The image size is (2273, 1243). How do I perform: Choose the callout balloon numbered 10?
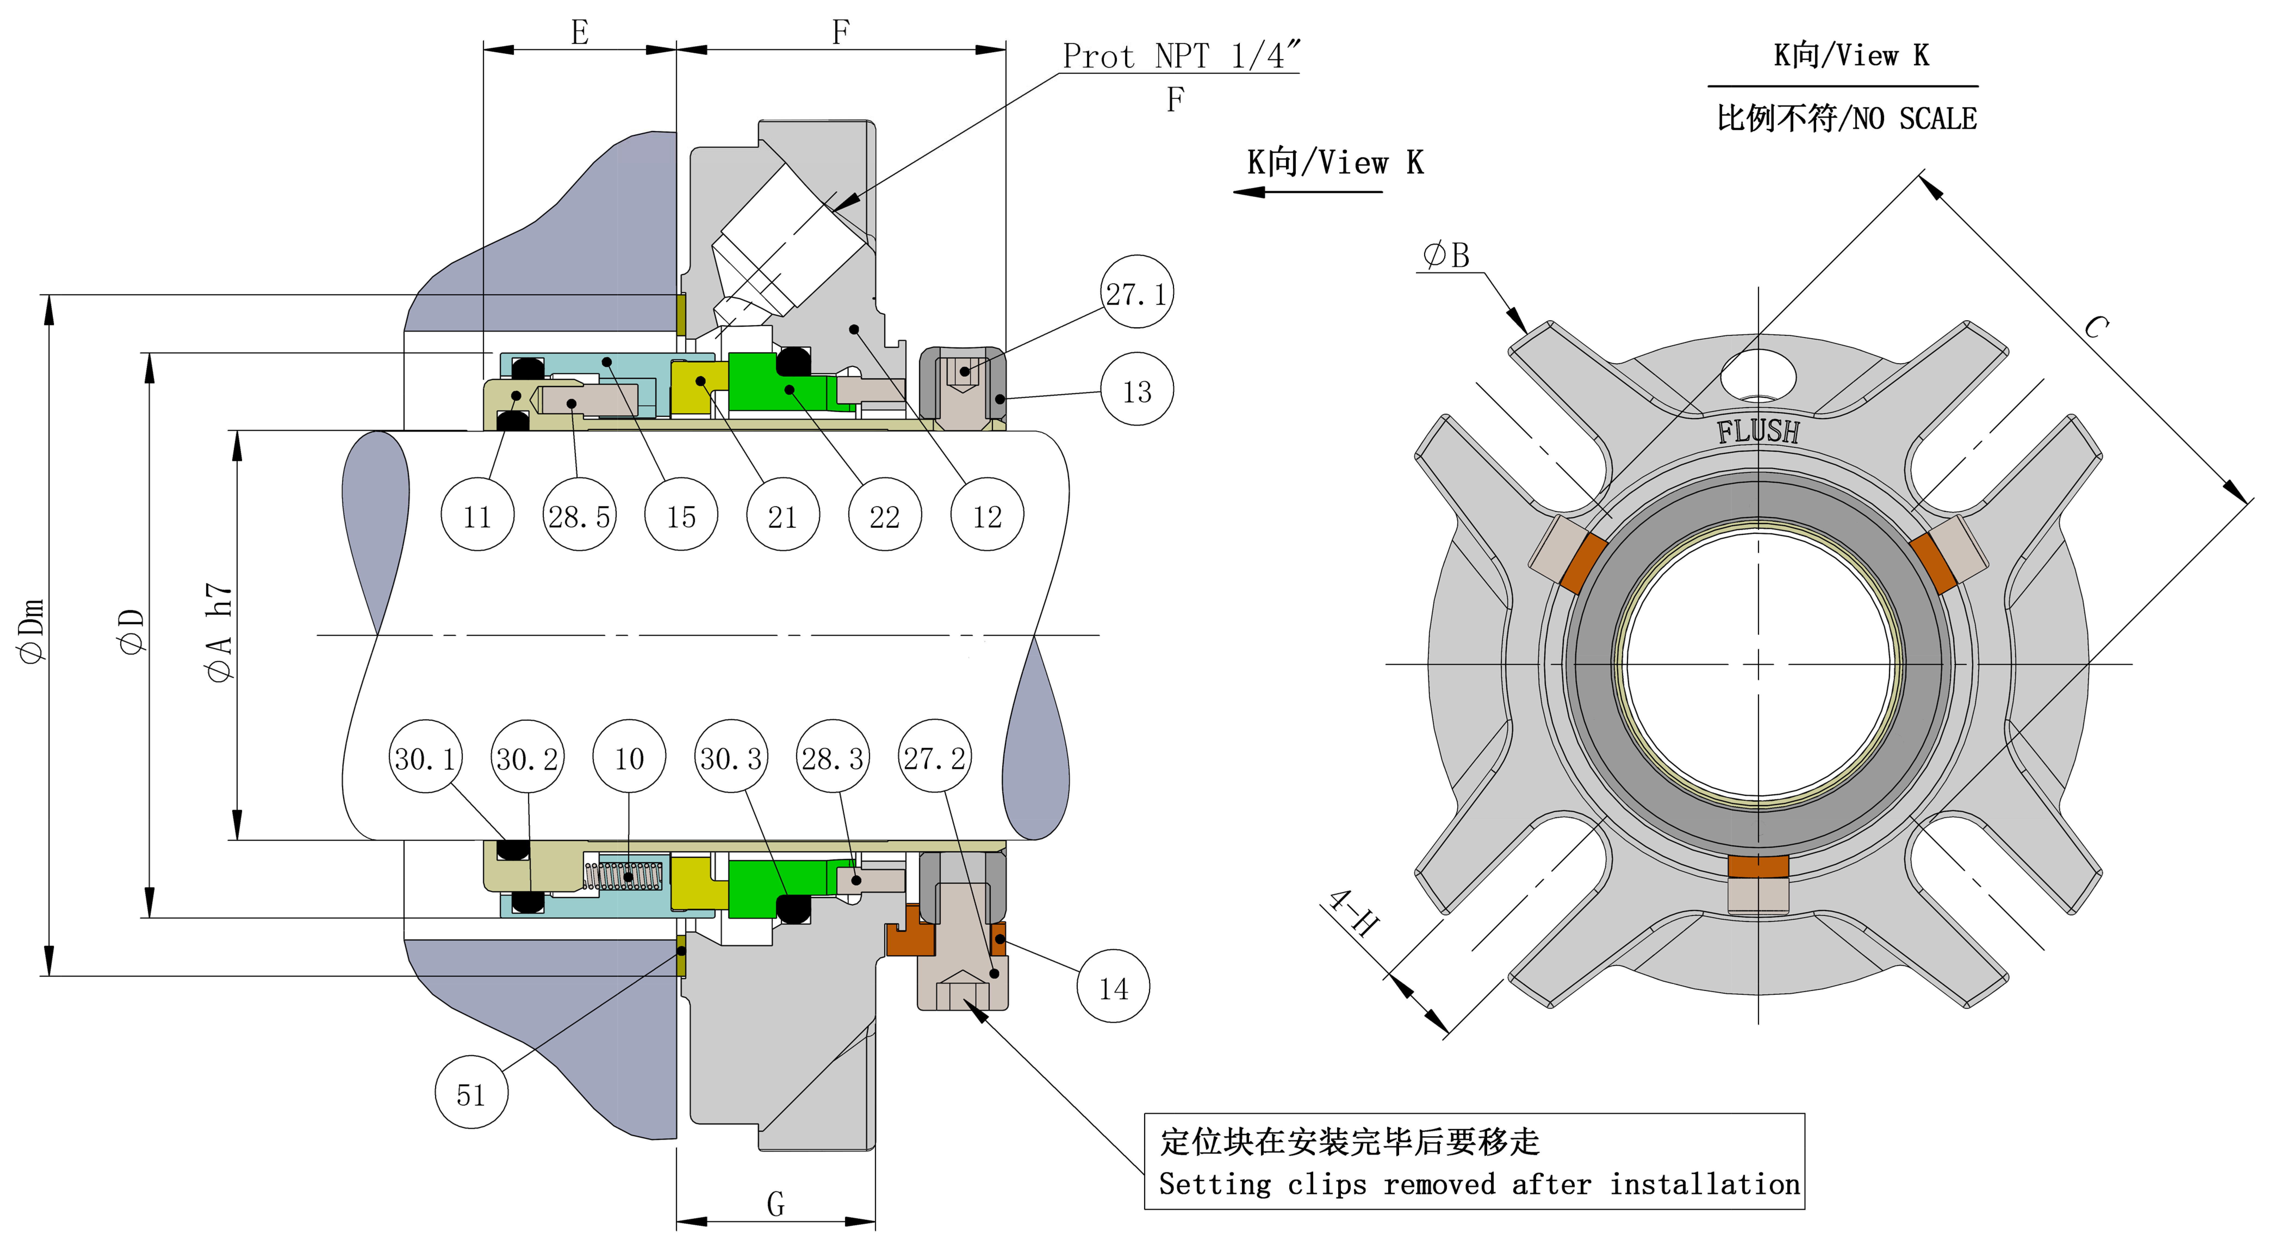click(629, 757)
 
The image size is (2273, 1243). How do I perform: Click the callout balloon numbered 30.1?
click(425, 757)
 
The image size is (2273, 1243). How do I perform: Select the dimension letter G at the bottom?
click(776, 1203)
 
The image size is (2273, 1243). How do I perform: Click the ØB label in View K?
click(1447, 256)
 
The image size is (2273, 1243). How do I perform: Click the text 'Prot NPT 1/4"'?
click(1180, 55)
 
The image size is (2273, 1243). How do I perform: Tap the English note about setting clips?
click(1479, 1184)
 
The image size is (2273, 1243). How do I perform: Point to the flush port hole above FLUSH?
click(1758, 375)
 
